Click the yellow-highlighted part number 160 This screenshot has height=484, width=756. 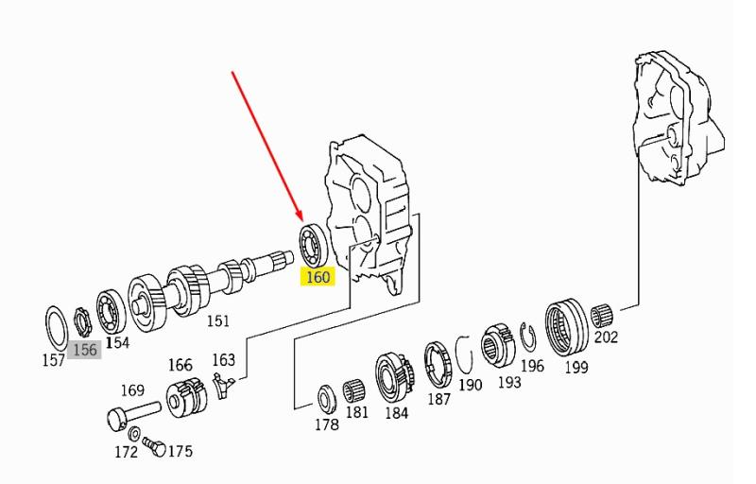point(318,277)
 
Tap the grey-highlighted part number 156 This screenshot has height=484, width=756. point(85,350)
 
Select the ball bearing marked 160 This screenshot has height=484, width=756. point(314,244)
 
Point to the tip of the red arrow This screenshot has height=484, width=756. point(301,221)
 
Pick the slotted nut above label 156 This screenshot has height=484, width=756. point(81,322)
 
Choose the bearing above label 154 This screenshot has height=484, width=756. point(111,312)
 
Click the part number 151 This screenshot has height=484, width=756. point(218,320)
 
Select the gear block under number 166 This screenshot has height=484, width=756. point(186,397)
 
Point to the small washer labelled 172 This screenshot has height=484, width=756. point(135,434)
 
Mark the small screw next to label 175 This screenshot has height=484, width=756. point(154,445)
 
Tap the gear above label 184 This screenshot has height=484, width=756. point(394,377)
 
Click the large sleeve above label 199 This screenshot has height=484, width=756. point(567,326)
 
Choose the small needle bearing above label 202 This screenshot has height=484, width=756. point(602,316)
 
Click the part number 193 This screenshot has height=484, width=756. point(509,382)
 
